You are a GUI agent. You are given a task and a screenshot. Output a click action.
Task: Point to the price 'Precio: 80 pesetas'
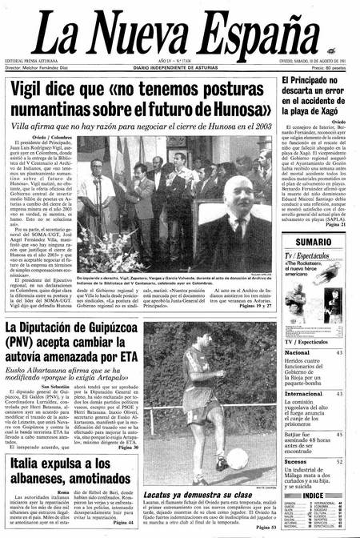click(334, 70)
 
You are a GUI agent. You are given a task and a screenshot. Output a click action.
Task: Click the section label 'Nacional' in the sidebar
click(298, 352)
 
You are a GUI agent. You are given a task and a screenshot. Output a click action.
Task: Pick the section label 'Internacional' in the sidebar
click(303, 394)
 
